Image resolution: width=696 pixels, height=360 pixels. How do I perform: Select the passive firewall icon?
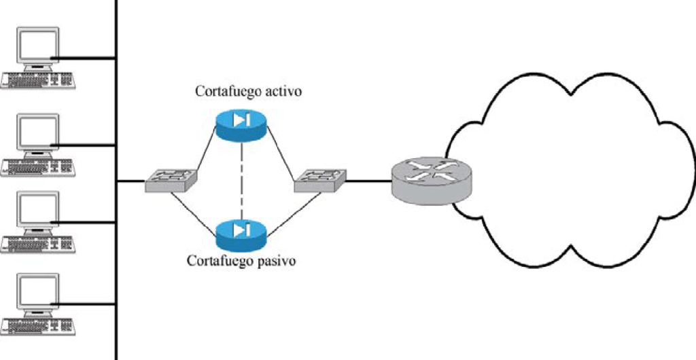241,233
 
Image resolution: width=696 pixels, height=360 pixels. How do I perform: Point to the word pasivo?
276,261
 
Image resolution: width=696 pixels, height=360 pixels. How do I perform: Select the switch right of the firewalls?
320,180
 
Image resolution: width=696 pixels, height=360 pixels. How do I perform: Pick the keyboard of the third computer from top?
38,243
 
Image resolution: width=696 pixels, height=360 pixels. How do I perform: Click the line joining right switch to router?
368,181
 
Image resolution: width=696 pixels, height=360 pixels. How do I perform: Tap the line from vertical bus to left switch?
132,181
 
